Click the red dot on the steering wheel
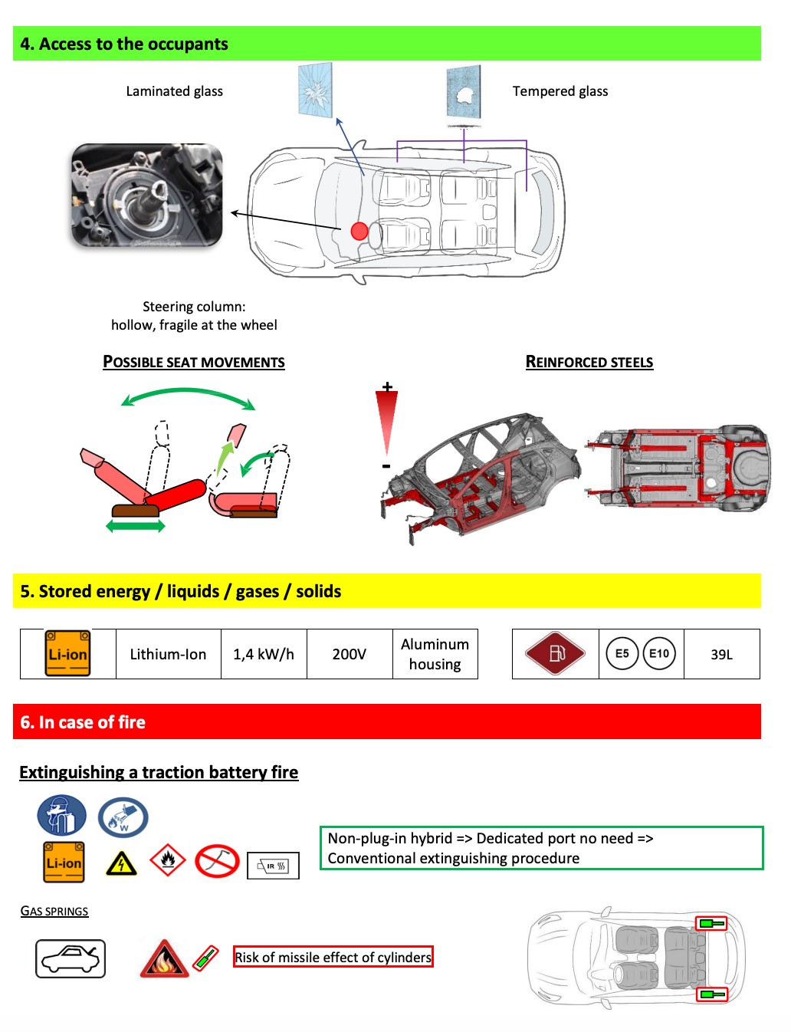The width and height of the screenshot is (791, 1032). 359,231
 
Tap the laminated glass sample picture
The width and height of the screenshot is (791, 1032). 315,90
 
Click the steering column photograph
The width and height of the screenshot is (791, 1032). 146,196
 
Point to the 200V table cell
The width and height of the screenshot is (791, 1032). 349,654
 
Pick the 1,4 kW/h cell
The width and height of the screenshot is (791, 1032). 264,654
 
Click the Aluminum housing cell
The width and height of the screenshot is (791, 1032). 435,654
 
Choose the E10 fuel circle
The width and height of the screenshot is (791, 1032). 659,654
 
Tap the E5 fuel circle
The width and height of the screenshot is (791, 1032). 622,654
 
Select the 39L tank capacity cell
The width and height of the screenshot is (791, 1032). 721,654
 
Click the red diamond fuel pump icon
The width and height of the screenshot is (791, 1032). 555,653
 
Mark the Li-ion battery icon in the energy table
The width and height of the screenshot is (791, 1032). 67,653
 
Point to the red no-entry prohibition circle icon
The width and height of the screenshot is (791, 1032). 217,861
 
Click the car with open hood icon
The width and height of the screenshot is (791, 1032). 71,958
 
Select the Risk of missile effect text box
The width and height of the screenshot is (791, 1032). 333,957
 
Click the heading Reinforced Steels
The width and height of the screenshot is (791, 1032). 589,362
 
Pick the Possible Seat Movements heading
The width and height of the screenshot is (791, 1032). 194,362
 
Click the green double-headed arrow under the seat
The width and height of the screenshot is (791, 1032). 136,526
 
